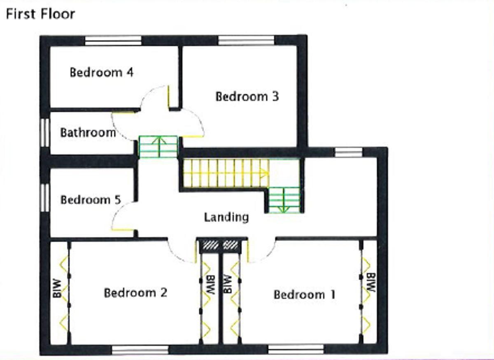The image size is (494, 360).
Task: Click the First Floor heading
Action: click(x=40, y=14)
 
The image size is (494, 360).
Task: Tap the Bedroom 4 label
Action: click(x=101, y=72)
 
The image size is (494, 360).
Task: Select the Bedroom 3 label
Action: click(x=247, y=96)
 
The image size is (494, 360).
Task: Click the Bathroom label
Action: click(x=88, y=133)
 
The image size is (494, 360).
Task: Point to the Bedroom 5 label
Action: click(x=91, y=200)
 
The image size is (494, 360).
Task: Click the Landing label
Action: click(x=226, y=217)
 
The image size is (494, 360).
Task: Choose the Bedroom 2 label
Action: click(x=135, y=293)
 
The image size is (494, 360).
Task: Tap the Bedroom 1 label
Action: click(x=304, y=295)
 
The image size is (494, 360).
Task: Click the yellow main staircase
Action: click(x=224, y=173)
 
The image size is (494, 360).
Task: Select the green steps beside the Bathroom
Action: click(x=158, y=147)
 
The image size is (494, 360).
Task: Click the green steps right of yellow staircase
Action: click(x=284, y=200)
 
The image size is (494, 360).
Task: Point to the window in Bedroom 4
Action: click(x=113, y=40)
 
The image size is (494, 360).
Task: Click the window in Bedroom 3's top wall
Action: click(x=246, y=40)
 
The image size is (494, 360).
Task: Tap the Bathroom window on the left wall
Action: click(x=45, y=132)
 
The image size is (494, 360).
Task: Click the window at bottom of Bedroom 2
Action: click(x=140, y=350)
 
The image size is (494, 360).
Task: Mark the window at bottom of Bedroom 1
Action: click(x=296, y=350)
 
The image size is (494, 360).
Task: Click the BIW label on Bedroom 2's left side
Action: click(x=57, y=289)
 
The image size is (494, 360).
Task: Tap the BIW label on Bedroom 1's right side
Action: click(x=371, y=283)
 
